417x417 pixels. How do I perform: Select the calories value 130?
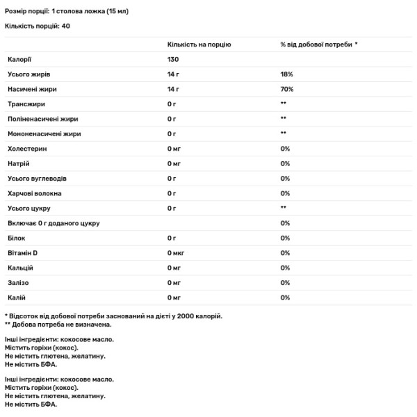click(x=173, y=59)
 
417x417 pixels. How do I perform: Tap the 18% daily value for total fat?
click(x=286, y=74)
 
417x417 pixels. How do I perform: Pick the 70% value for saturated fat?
click(x=287, y=89)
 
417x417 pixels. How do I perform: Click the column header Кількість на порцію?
click(x=199, y=44)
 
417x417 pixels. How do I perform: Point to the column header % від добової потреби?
click(x=318, y=44)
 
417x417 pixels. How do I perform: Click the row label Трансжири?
click(x=26, y=104)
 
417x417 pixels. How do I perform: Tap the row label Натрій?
click(x=18, y=163)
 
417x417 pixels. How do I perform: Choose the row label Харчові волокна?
click(x=34, y=193)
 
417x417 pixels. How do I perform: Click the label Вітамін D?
click(x=23, y=252)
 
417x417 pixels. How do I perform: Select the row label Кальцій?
click(x=21, y=268)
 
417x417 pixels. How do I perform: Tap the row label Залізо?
click(x=19, y=283)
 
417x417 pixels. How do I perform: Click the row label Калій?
click(x=17, y=297)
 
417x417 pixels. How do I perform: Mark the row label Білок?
click(x=16, y=238)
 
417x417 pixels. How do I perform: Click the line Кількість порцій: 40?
click(x=37, y=26)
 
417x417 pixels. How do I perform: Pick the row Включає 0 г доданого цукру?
click(x=54, y=223)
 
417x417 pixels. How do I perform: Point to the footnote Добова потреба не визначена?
click(x=62, y=324)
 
